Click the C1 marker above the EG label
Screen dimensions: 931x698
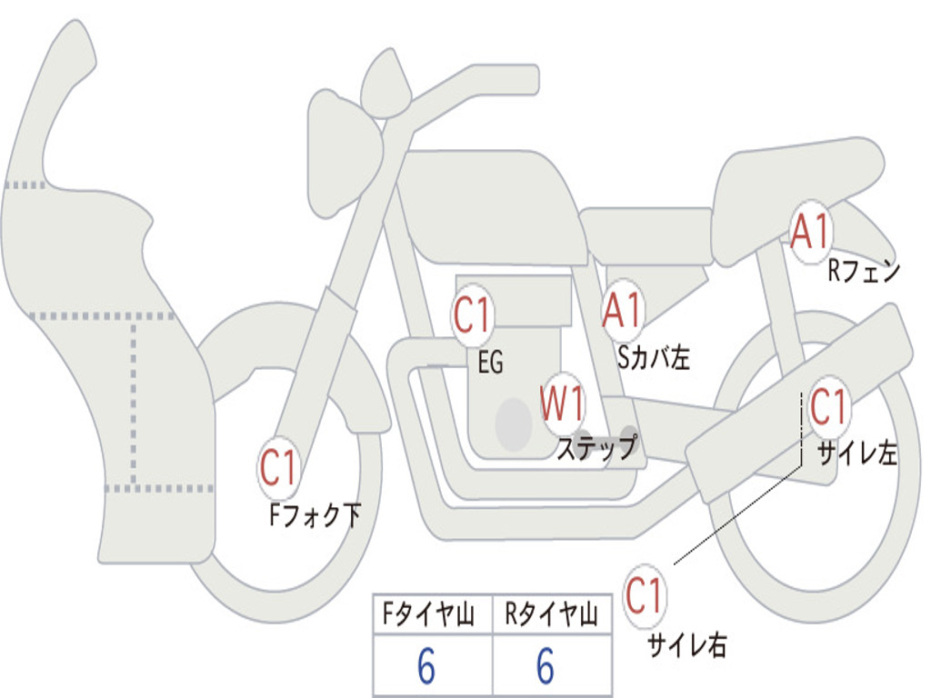(x=472, y=314)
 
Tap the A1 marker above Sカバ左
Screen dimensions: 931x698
(x=622, y=311)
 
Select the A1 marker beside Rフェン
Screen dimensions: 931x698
(x=809, y=231)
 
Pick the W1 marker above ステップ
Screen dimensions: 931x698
(x=562, y=404)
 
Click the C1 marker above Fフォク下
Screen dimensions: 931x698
(x=278, y=468)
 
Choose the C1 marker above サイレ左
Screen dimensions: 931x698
(x=827, y=408)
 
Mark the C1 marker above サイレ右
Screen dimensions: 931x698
(x=644, y=596)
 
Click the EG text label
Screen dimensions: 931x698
(x=491, y=362)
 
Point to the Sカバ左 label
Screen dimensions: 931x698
(x=653, y=357)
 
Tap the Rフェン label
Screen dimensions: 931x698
(x=864, y=271)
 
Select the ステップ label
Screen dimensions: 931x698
(x=596, y=447)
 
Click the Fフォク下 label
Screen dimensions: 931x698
(x=315, y=514)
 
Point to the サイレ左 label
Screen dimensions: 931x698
(x=857, y=454)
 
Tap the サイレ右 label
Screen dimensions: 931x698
(x=686, y=645)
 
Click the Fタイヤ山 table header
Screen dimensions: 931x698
(x=428, y=614)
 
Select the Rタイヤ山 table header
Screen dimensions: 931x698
(x=551, y=614)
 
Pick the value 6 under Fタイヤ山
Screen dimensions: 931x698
(x=426, y=666)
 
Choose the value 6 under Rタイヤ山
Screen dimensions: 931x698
(x=546, y=666)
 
